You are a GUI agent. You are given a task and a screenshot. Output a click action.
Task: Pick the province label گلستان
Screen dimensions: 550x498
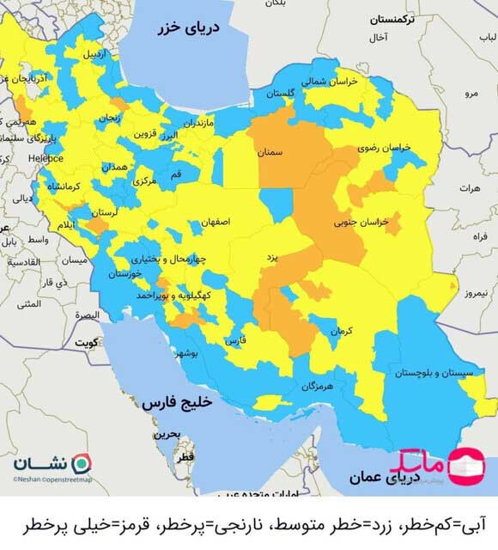pyautogui.click(x=280, y=93)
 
